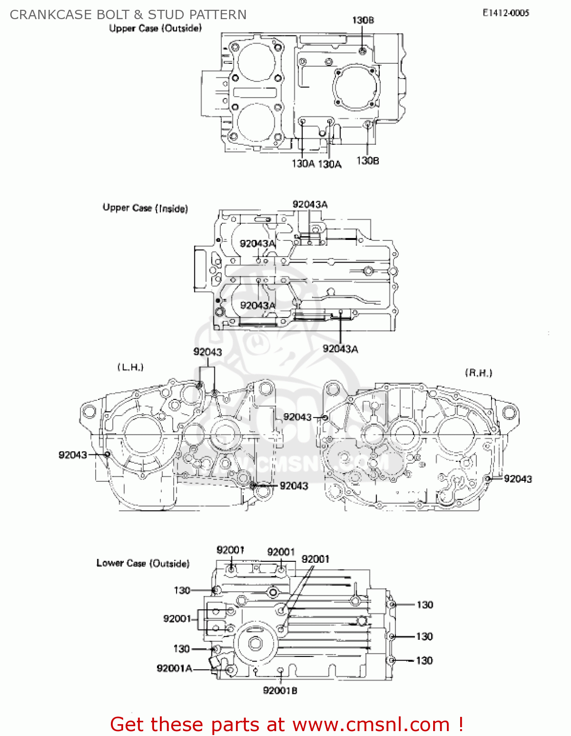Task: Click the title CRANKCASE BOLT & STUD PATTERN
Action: pos(128,15)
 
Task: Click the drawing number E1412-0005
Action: pos(506,13)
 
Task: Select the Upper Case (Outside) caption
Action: pos(155,28)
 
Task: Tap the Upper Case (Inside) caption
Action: pos(145,208)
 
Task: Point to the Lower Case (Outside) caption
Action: pos(143,563)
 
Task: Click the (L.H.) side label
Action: pos(130,367)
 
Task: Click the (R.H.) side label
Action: pos(478,373)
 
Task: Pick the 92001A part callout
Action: pos(174,668)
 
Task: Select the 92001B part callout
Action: pos(280,690)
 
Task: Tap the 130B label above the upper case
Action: pos(363,20)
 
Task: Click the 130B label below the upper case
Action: pos(367,160)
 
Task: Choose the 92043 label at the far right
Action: pos(518,479)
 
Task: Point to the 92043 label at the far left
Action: pos(73,455)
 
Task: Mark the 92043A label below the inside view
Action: pos(340,349)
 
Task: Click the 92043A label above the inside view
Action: pos(310,205)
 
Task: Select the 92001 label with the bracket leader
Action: pos(177,619)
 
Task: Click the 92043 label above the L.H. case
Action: pos(208,352)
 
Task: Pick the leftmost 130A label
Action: pos(303,164)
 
